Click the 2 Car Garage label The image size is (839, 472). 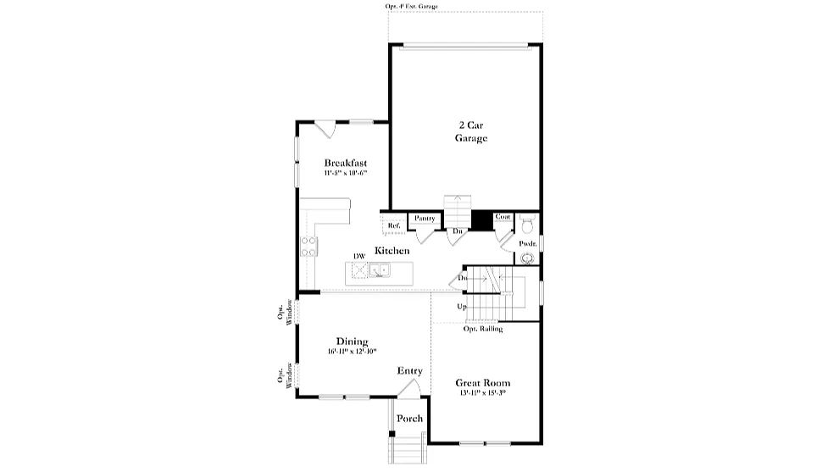point(471,131)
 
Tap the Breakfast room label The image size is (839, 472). point(345,163)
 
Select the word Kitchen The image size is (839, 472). point(392,251)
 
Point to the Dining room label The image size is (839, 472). point(352,342)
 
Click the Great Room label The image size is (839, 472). point(483,382)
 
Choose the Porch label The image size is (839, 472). point(410,419)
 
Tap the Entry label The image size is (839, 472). point(410,371)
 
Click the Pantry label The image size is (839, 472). point(425,219)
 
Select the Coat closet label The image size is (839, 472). point(503,217)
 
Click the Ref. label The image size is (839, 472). point(393,225)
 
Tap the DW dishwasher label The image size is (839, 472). point(359,256)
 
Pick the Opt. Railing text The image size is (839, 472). point(482,329)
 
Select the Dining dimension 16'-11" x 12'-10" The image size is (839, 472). point(352,351)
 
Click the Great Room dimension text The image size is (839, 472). point(483,392)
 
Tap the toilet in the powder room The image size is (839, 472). point(527,225)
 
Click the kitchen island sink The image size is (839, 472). point(378,271)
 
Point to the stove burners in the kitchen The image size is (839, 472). point(308,246)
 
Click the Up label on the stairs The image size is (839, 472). point(462,306)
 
